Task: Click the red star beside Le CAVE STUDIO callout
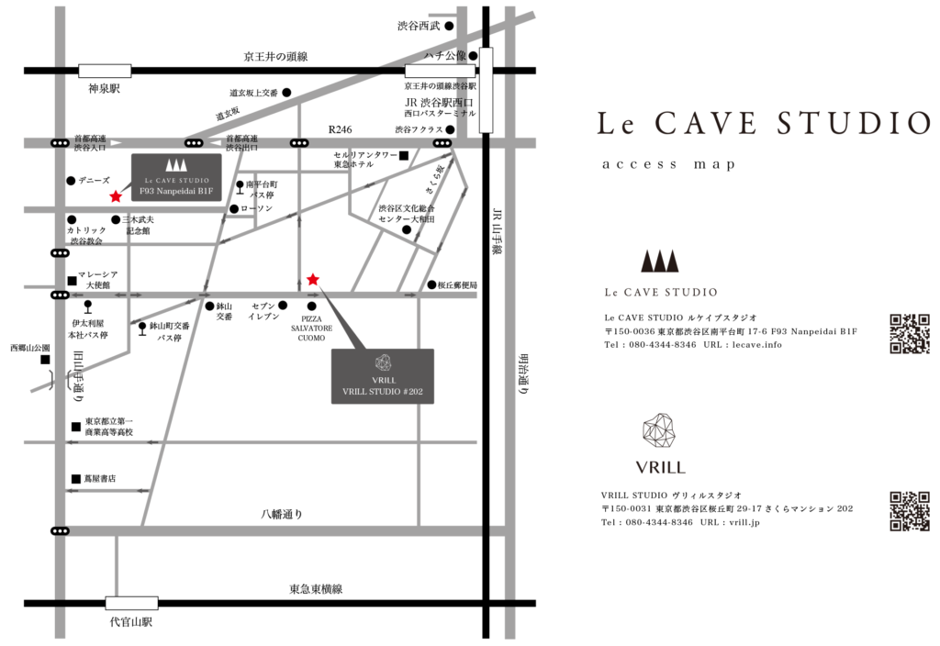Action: point(116,196)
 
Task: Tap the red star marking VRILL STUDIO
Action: point(313,279)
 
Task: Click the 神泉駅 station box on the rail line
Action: point(105,71)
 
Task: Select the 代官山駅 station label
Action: point(131,622)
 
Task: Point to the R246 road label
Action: point(340,129)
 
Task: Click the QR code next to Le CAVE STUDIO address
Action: point(910,334)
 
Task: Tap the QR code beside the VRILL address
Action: point(910,511)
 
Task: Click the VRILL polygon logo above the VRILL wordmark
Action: point(659,430)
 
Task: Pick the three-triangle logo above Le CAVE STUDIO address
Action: point(659,261)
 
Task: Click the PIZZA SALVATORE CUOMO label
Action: point(312,329)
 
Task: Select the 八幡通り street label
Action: point(282,514)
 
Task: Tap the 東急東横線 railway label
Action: point(316,589)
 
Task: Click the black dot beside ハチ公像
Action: point(473,56)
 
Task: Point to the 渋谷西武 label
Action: point(419,26)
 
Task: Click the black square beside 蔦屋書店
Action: point(76,479)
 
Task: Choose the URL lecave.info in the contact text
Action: point(757,345)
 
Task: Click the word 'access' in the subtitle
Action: point(640,164)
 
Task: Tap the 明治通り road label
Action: point(523,374)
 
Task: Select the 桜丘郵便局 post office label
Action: point(457,284)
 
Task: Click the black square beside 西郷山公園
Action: point(45,360)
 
